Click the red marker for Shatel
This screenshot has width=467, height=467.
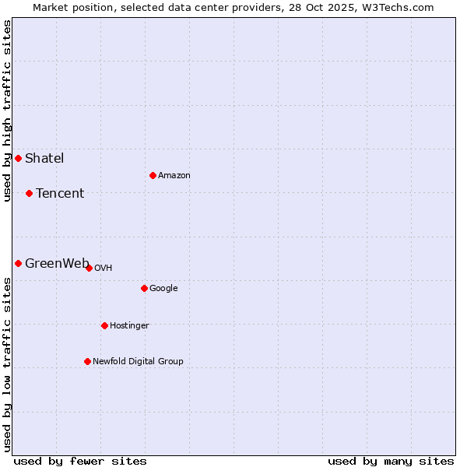click(x=18, y=159)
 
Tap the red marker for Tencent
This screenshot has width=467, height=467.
click(x=29, y=193)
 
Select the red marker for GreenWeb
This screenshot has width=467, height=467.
click(x=18, y=263)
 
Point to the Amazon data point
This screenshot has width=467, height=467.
click(x=153, y=175)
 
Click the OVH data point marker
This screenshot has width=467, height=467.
click(x=89, y=268)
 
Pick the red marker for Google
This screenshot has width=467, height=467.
click(x=144, y=288)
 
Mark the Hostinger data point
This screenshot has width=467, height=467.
click(x=104, y=325)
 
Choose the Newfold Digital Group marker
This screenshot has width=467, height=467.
click(x=87, y=361)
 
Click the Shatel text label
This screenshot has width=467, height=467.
click(x=44, y=159)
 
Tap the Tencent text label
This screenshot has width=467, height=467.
click(x=60, y=193)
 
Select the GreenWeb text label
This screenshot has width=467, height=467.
click(x=56, y=263)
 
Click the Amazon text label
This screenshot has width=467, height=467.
click(x=174, y=175)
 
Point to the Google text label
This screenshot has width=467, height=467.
click(x=163, y=288)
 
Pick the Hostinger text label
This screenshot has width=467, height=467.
click(x=129, y=325)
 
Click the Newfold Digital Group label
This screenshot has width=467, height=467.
click(x=138, y=361)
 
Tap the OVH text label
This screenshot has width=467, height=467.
click(x=103, y=268)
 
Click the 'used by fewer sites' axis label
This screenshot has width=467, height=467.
click(x=80, y=461)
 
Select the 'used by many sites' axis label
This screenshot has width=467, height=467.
click(x=391, y=461)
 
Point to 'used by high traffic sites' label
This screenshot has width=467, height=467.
click(x=7, y=111)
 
